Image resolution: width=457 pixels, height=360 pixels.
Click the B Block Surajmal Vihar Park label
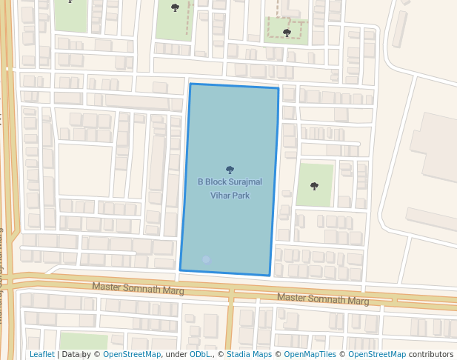coord(230,188)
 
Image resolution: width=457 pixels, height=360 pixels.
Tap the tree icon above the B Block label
coord(230,170)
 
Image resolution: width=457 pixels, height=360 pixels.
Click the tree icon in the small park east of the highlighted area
coord(315,186)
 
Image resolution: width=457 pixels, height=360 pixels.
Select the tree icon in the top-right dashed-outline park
coord(287,33)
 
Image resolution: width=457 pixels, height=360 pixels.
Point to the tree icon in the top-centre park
coord(175,8)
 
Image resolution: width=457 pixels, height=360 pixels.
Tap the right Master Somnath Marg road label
coord(323,299)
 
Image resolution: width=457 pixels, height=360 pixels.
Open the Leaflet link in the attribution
coord(41,354)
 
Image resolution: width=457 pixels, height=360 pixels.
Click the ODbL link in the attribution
coord(200,354)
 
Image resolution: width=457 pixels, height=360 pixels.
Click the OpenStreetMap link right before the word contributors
coord(377,354)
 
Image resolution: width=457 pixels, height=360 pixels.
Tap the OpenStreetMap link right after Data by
coord(132,354)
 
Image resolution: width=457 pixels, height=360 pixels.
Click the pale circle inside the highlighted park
coord(206,260)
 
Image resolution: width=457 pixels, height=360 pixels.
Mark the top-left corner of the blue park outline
coord(190,84)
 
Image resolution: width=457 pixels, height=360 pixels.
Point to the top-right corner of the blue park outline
coord(278,88)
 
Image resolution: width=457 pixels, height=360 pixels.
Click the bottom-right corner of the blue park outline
coord(269,276)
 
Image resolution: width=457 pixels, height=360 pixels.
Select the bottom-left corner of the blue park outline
coord(180,270)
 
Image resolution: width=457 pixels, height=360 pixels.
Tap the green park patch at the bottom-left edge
coord(83,341)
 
